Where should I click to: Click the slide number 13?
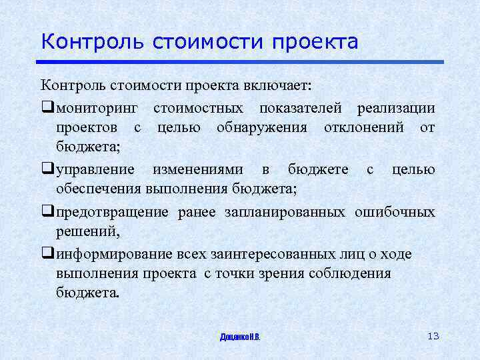pos(433,335)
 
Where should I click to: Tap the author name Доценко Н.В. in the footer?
pos(240,337)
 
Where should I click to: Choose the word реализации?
pos(396,108)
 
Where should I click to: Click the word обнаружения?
pos(262,127)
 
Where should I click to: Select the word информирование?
pos(112,255)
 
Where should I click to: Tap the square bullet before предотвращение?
pos(46,213)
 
